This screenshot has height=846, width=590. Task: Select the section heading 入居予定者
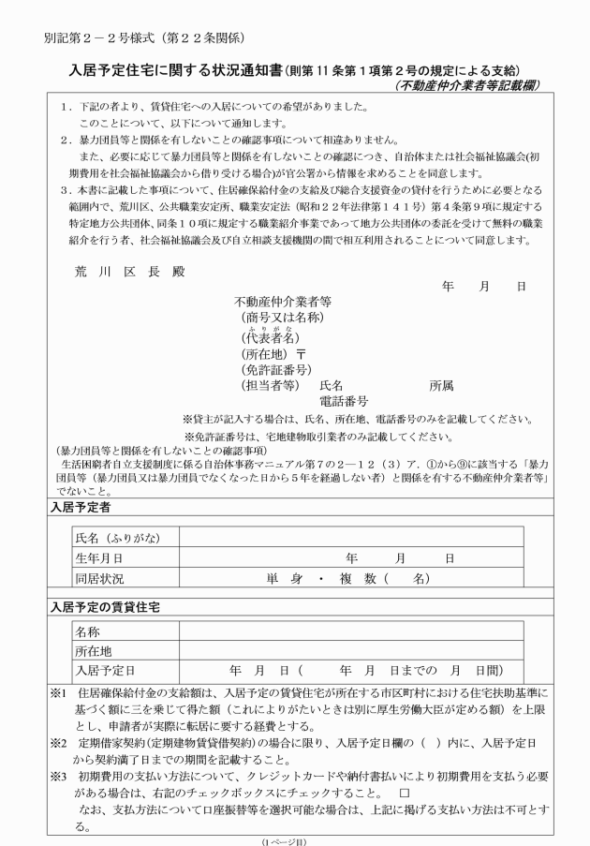[80, 507]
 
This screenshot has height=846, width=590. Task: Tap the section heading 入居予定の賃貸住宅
[104, 607]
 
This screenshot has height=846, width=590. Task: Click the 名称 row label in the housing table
[88, 631]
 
